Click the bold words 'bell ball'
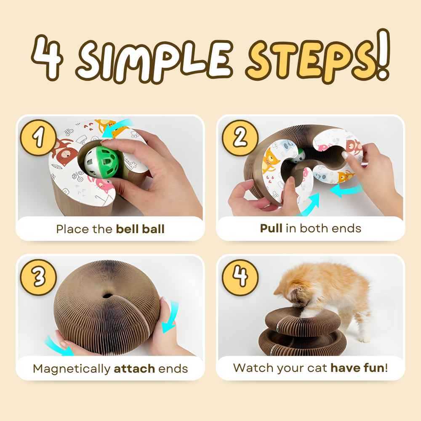140,229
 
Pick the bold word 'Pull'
271,228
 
